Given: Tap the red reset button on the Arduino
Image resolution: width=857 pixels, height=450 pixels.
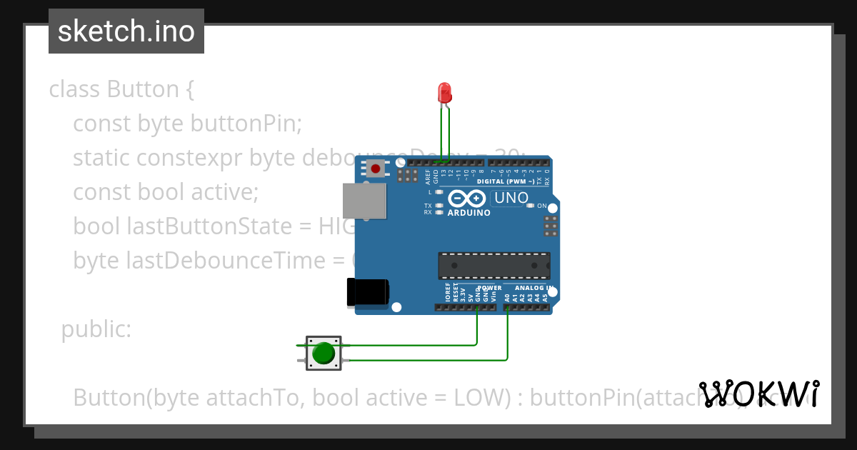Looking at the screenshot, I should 375,169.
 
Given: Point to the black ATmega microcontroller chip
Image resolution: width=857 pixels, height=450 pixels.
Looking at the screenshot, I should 493,265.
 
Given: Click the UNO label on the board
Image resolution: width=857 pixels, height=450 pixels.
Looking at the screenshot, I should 511,198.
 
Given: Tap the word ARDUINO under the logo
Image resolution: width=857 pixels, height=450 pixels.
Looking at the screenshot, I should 468,212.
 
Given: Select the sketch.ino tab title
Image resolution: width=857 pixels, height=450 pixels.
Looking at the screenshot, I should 126,31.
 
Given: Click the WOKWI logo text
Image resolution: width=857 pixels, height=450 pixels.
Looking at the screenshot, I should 759,394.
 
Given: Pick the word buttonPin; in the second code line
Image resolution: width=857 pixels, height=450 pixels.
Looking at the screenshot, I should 246,124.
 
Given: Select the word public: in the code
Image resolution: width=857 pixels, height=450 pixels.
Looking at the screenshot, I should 96,329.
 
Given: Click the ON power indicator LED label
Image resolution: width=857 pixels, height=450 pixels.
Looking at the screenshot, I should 542,206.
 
